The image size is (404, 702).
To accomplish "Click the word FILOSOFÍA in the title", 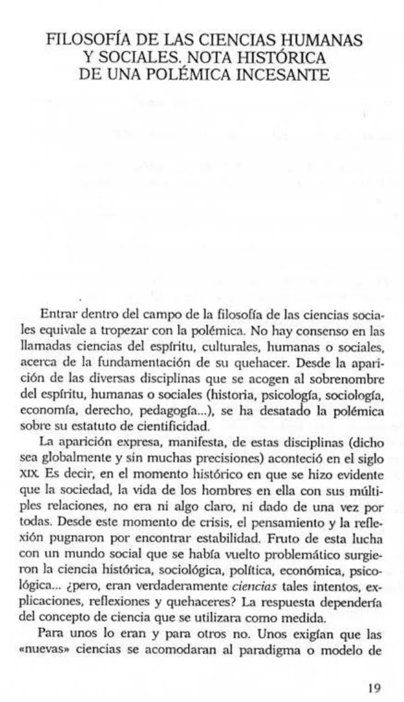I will coord(84,42).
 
